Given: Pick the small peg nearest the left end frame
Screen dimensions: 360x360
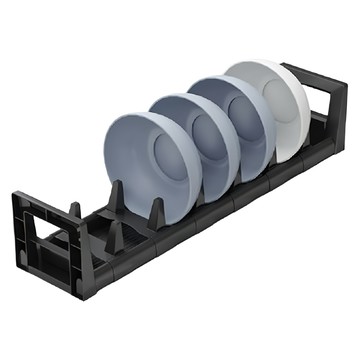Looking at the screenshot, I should (x=74, y=213).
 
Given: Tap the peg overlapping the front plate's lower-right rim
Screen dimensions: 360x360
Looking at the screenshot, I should (x=157, y=211).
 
